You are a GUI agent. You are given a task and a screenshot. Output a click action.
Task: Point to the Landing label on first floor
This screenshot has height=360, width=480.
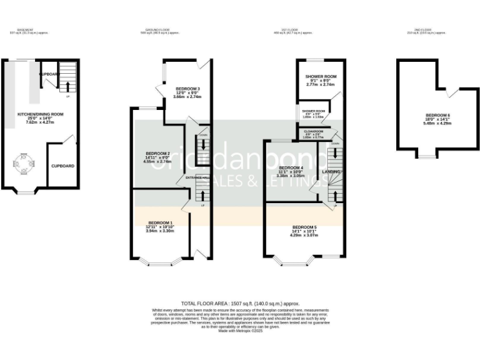point(331,171)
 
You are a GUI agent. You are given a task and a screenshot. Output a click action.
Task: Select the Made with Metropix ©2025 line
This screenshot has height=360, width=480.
point(240,331)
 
